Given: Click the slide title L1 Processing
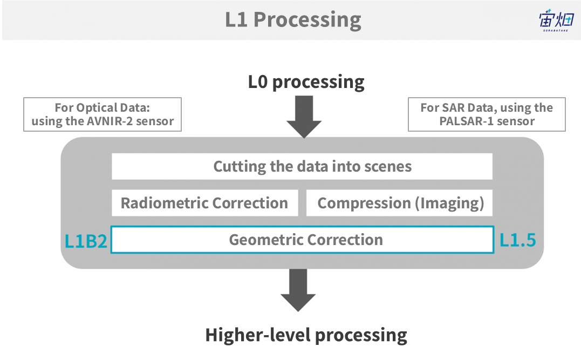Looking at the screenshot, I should click(293, 20).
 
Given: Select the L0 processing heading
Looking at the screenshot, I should click(306, 83).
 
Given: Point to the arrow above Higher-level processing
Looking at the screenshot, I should click(298, 289).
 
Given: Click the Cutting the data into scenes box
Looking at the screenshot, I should click(302, 166).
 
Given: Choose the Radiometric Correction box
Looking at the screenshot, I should click(204, 203).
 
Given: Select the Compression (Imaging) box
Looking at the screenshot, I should click(400, 203).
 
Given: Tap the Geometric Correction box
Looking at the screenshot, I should click(302, 240).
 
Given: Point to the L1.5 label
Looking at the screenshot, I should click(518, 240).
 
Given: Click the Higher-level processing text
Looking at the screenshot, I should click(306, 335).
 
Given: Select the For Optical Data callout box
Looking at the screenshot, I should click(102, 114).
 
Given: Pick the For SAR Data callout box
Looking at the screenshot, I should click(487, 114).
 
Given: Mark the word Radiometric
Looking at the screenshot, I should click(165, 203).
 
